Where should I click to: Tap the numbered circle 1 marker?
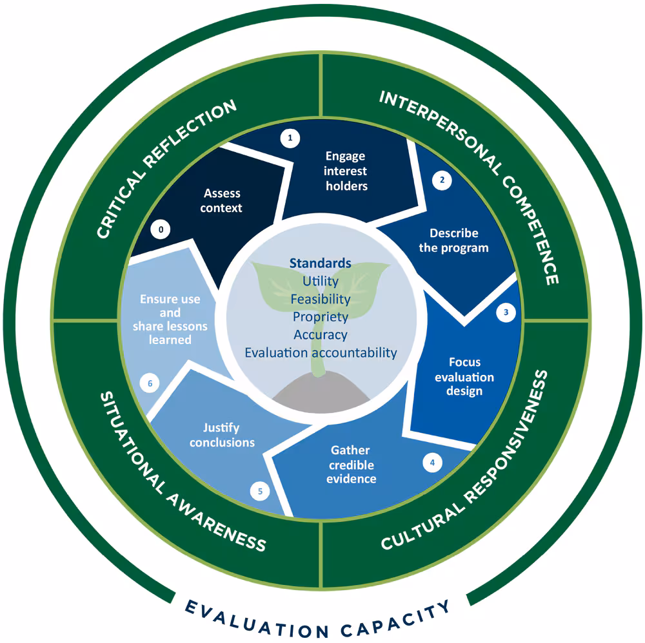pyautogui.click(x=290, y=138)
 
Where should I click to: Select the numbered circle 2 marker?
pyautogui.click(x=442, y=180)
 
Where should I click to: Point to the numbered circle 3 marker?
pyautogui.click(x=506, y=313)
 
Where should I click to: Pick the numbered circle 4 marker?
pyautogui.click(x=432, y=461)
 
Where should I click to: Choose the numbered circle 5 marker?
pyautogui.click(x=260, y=492)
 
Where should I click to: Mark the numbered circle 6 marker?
pyautogui.click(x=150, y=383)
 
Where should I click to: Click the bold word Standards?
pyautogui.click(x=320, y=264)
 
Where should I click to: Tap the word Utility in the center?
pyautogui.click(x=320, y=282)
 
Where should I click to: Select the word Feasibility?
pyautogui.click(x=320, y=300)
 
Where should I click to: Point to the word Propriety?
pyautogui.click(x=320, y=317)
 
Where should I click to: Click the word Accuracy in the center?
pyautogui.click(x=320, y=334)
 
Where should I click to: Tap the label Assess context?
pyautogui.click(x=222, y=200)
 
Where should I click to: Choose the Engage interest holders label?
pyautogui.click(x=345, y=171)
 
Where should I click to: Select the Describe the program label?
pyautogui.click(x=459, y=240)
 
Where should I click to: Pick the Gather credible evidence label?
pyautogui.click(x=351, y=464)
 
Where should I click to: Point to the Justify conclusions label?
pyautogui.click(x=221, y=435)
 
